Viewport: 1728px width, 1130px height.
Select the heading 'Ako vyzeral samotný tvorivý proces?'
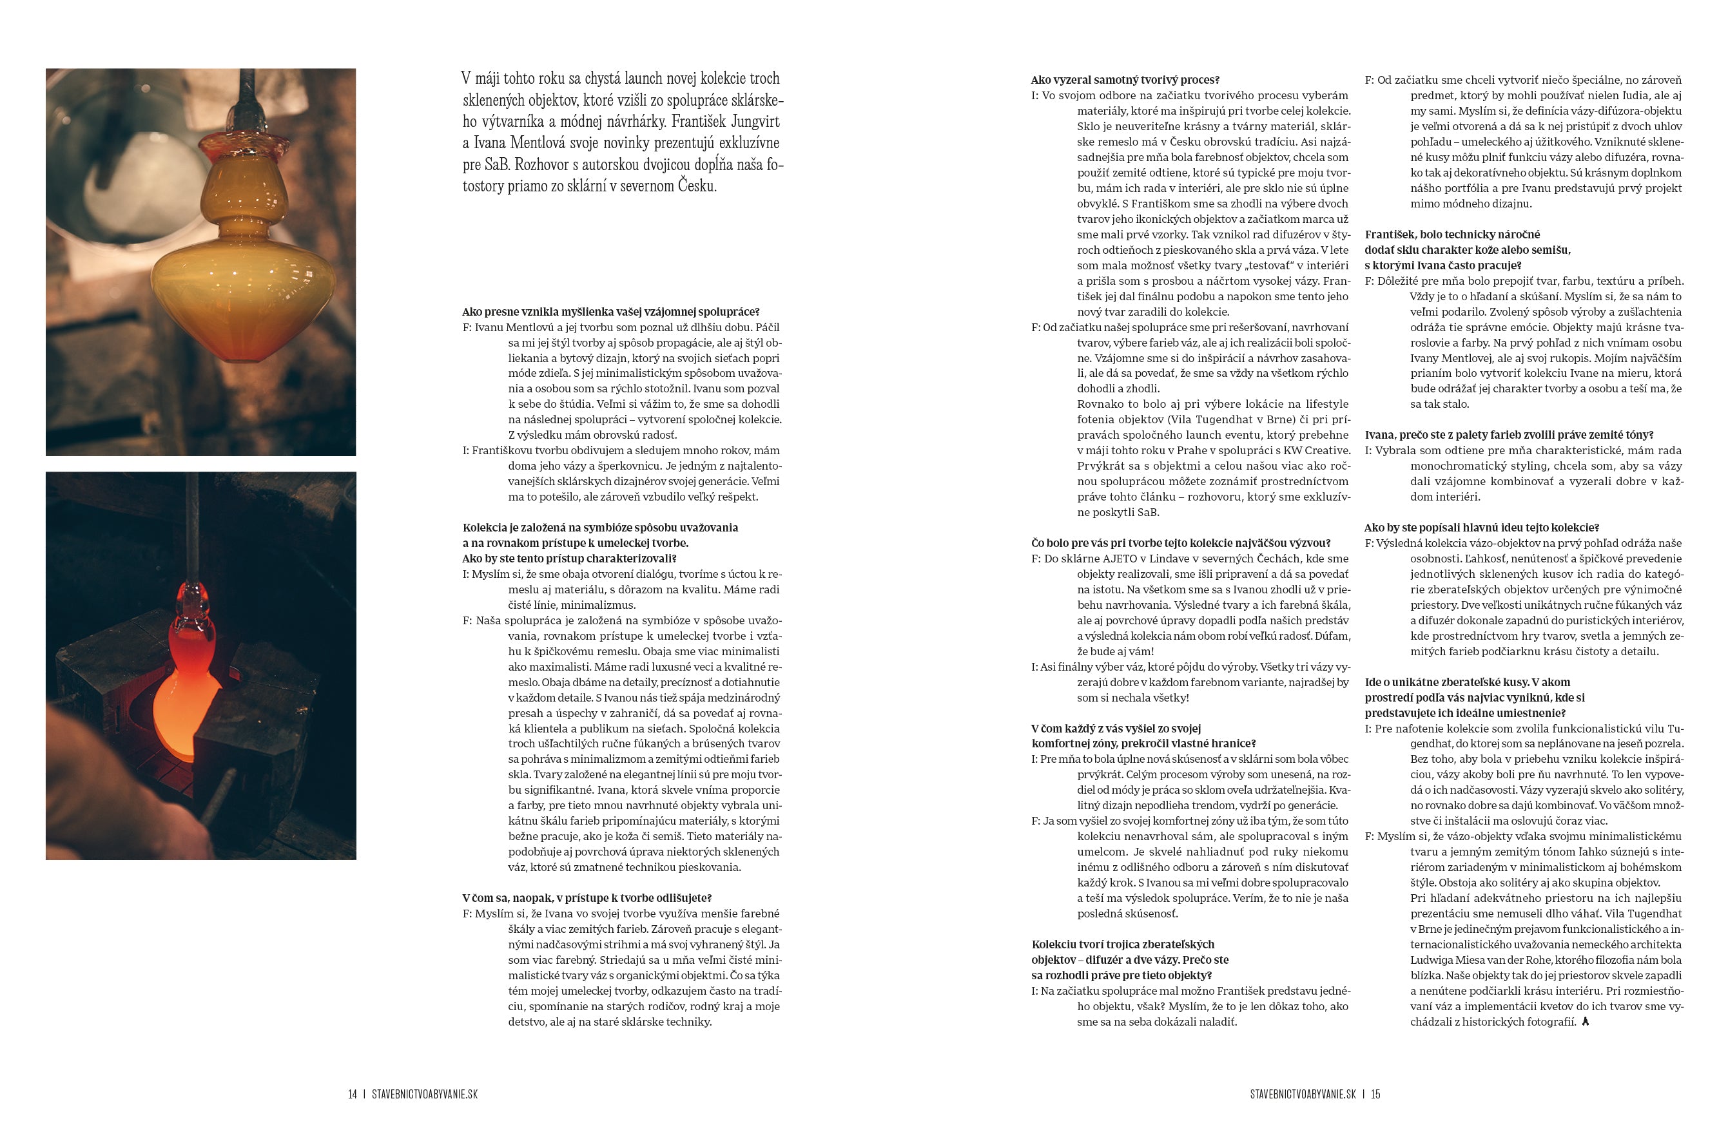click(1125, 80)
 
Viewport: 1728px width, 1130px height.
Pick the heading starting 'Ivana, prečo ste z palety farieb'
click(1509, 435)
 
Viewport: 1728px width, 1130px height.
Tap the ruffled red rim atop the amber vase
click(240, 143)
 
